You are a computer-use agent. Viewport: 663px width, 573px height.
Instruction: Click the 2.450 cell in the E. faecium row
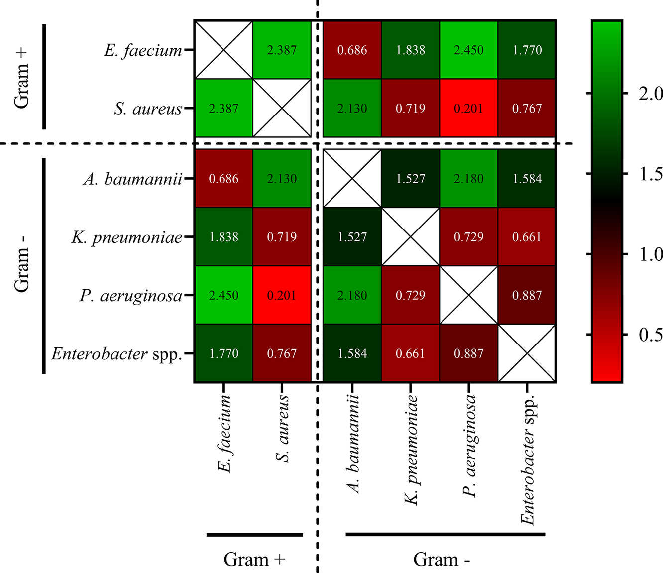click(469, 50)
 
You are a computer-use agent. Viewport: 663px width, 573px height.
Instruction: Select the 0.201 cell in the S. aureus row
click(469, 108)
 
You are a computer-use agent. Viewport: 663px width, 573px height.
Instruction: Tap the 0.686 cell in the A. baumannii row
click(223, 179)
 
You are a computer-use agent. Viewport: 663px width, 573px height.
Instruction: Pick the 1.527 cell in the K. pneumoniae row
click(352, 237)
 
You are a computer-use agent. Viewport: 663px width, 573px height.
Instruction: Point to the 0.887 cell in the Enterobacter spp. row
click(469, 353)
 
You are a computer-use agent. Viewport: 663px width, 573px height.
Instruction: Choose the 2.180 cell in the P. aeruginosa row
click(352, 295)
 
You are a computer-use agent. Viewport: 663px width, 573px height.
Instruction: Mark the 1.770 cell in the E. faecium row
click(527, 50)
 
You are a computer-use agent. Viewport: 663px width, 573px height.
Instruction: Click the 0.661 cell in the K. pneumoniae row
click(527, 237)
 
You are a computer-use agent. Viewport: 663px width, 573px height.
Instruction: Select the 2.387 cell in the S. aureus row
click(223, 108)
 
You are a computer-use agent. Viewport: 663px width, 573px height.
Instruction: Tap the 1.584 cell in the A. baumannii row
click(527, 179)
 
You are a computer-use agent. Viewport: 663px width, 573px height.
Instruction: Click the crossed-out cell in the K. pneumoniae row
click(411, 237)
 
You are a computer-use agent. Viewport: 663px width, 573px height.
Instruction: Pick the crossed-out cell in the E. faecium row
click(223, 50)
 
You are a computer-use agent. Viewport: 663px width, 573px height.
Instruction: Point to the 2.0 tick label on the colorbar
click(650, 94)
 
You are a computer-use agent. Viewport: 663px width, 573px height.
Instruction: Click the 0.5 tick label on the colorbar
click(650, 335)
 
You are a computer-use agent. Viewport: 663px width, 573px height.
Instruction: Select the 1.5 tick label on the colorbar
click(650, 174)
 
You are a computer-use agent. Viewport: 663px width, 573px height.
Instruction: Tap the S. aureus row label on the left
click(148, 109)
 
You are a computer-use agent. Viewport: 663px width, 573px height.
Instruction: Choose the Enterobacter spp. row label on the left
click(116, 354)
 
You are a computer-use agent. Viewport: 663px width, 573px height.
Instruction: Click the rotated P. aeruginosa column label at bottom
click(469, 446)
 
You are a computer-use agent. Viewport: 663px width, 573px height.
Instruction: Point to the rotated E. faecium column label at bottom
click(224, 433)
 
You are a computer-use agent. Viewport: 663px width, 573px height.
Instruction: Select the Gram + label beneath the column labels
click(254, 559)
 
